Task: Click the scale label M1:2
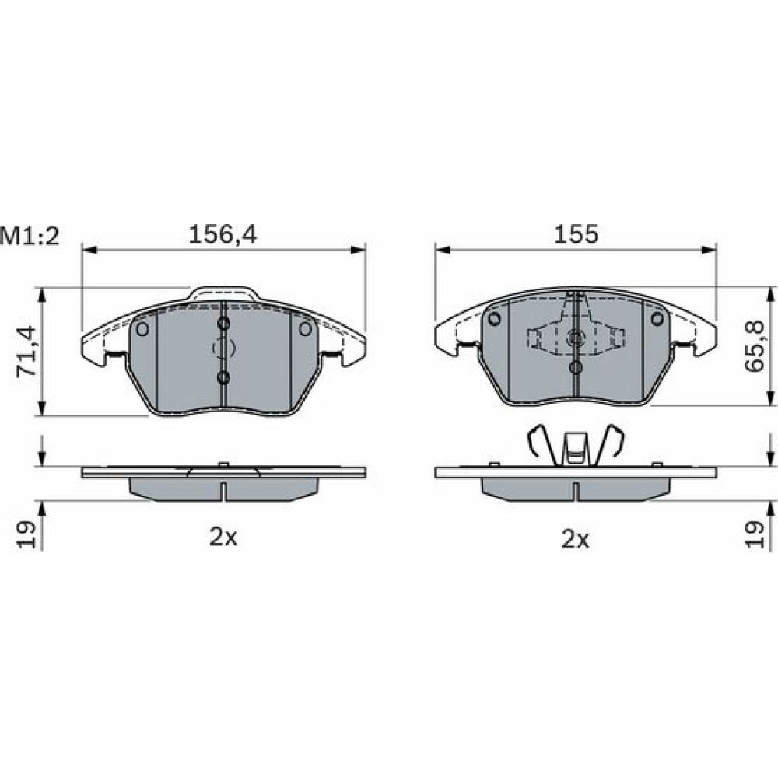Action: (x=30, y=236)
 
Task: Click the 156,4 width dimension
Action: (x=223, y=234)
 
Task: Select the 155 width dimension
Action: (x=576, y=234)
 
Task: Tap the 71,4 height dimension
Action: (x=26, y=351)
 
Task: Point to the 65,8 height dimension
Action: (x=755, y=345)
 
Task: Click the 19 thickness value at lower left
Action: (x=26, y=534)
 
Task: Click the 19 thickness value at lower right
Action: (x=755, y=534)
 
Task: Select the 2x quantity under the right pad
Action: (x=576, y=538)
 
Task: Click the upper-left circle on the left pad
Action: (x=142, y=328)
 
